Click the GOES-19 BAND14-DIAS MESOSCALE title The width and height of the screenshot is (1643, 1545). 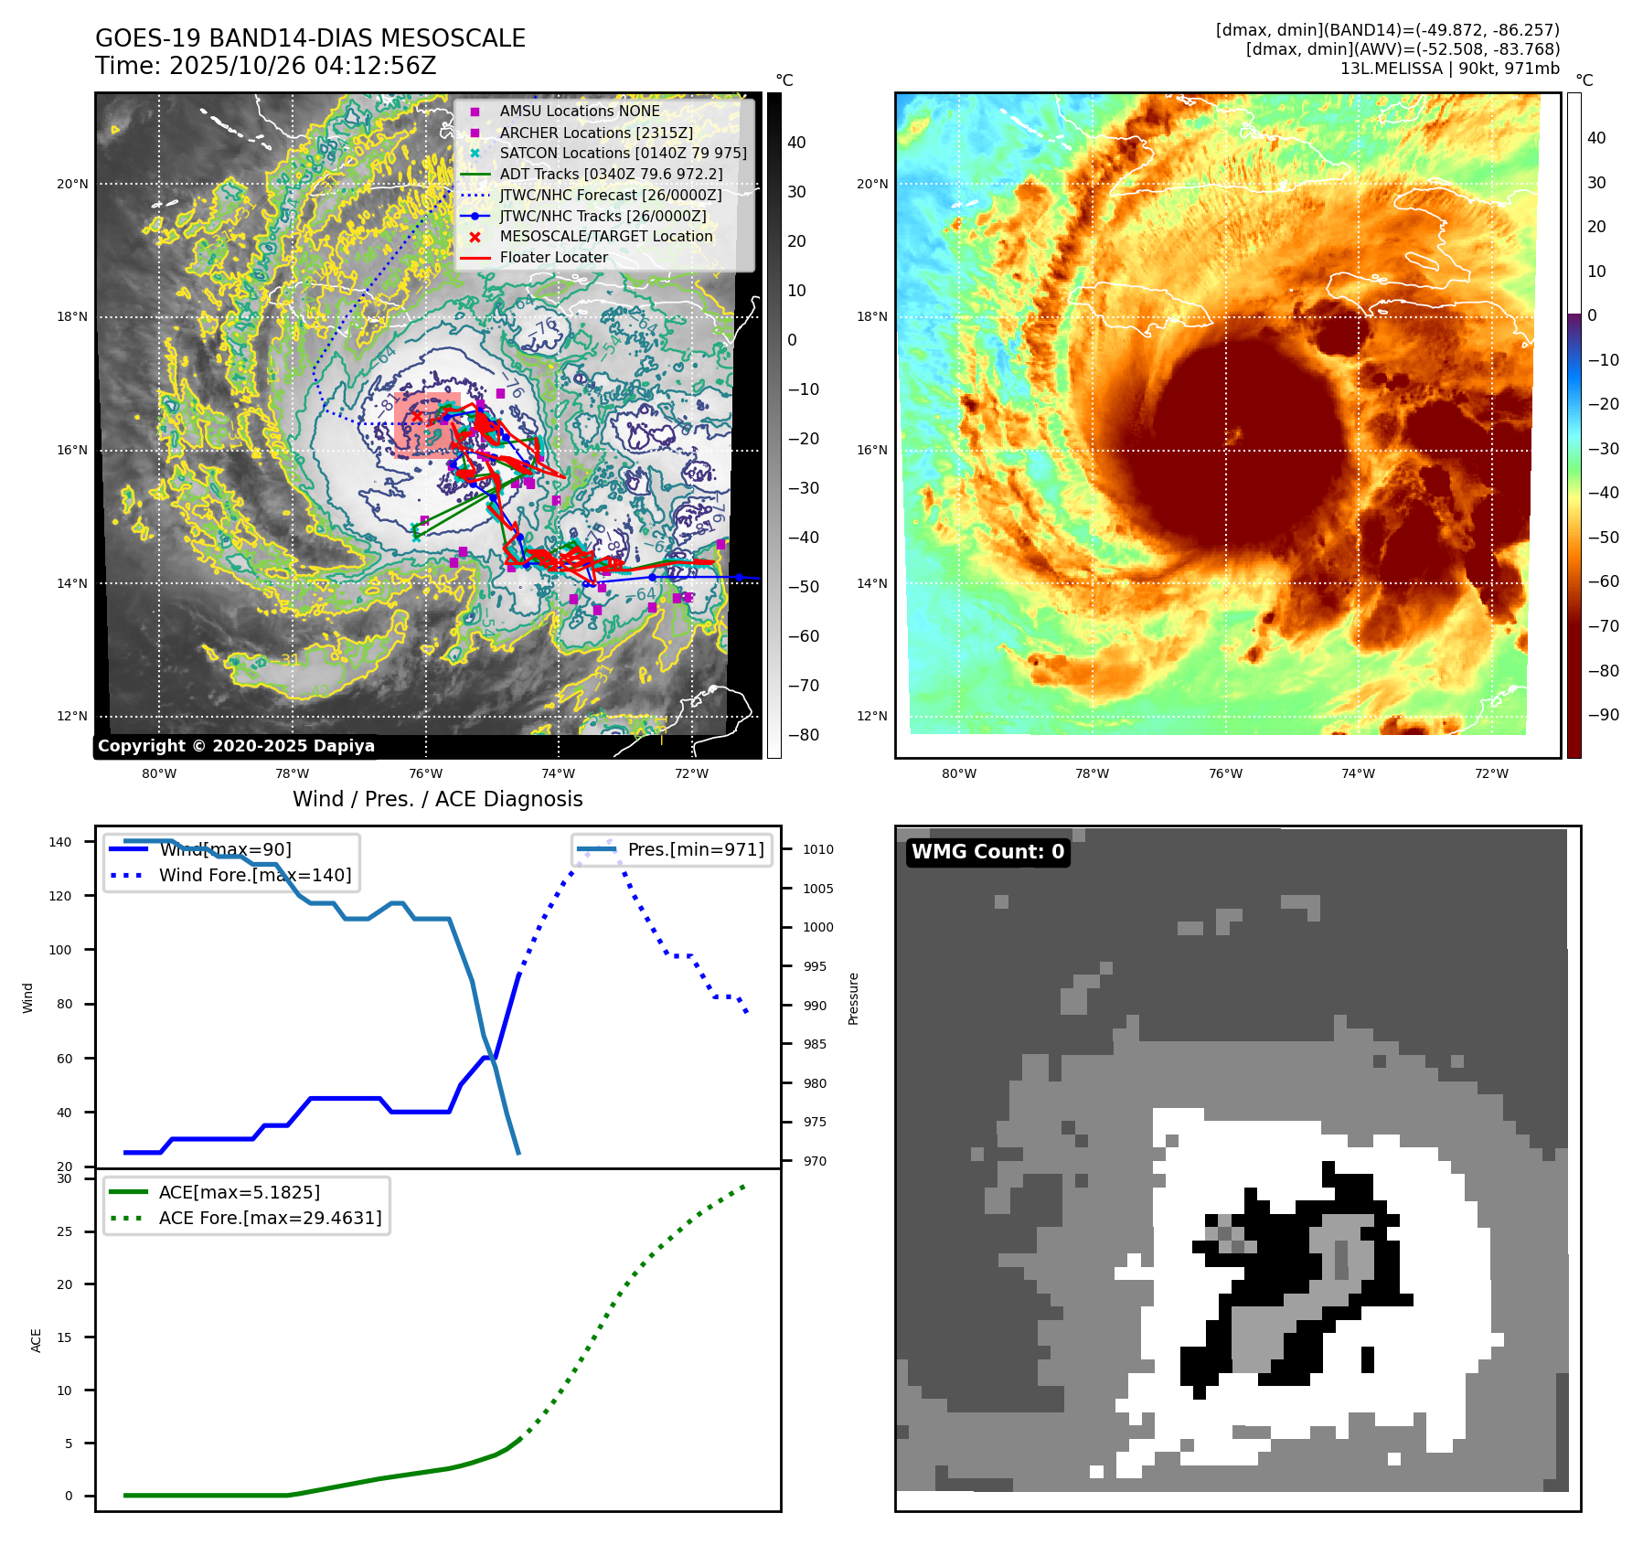(310, 38)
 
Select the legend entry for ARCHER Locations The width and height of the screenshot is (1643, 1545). (595, 133)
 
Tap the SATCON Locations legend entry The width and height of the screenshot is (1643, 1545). (623, 154)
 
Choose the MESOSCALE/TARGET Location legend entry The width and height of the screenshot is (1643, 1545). (605, 237)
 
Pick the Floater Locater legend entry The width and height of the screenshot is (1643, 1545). (553, 258)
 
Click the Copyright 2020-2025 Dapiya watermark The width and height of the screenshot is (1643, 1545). (236, 746)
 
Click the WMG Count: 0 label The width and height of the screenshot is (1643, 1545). (987, 852)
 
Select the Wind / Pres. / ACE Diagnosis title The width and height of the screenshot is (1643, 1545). (437, 799)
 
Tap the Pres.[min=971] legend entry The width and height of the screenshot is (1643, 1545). (695, 849)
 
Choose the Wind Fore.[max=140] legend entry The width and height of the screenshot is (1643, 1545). (254, 875)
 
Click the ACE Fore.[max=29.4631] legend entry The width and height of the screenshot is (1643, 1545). (270, 1218)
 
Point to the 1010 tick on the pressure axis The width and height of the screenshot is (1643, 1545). (818, 849)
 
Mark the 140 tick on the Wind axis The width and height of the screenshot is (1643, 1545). (59, 842)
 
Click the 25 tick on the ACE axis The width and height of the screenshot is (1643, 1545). (64, 1231)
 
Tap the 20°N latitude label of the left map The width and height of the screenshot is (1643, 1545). (72, 184)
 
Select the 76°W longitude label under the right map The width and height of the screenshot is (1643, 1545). (1225, 773)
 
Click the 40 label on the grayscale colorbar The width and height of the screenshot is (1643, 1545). (796, 143)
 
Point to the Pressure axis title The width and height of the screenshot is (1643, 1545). (853, 998)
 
